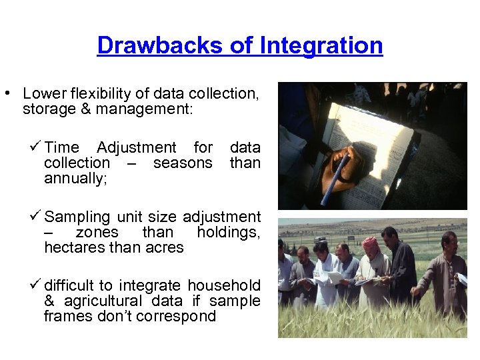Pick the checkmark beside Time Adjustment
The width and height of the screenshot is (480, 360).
pyautogui.click(x=36, y=147)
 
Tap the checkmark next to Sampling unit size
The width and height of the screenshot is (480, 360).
pyautogui.click(x=36, y=216)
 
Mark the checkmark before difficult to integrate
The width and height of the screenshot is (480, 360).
pyautogui.click(x=36, y=285)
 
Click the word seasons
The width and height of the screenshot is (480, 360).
pyautogui.click(x=182, y=163)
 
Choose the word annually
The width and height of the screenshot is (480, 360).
pyautogui.click(x=75, y=178)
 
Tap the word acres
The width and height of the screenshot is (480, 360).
pyautogui.click(x=165, y=247)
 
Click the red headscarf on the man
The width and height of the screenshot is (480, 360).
pyautogui.click(x=370, y=242)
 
